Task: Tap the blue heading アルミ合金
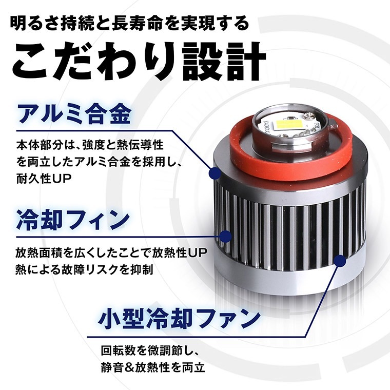[x=74, y=114]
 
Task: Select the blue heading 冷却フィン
[x=73, y=220]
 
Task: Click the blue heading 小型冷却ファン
[x=179, y=319]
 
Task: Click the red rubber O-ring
[x=288, y=147]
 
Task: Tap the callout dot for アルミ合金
[x=215, y=173]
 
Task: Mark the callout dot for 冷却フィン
[x=226, y=236]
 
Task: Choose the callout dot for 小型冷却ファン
[x=340, y=260]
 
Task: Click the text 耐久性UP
[x=44, y=179]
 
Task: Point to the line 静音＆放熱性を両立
[x=153, y=367]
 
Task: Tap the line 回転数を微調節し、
[x=150, y=350]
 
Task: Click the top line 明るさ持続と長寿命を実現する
[x=130, y=24]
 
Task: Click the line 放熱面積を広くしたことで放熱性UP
[x=111, y=253]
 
